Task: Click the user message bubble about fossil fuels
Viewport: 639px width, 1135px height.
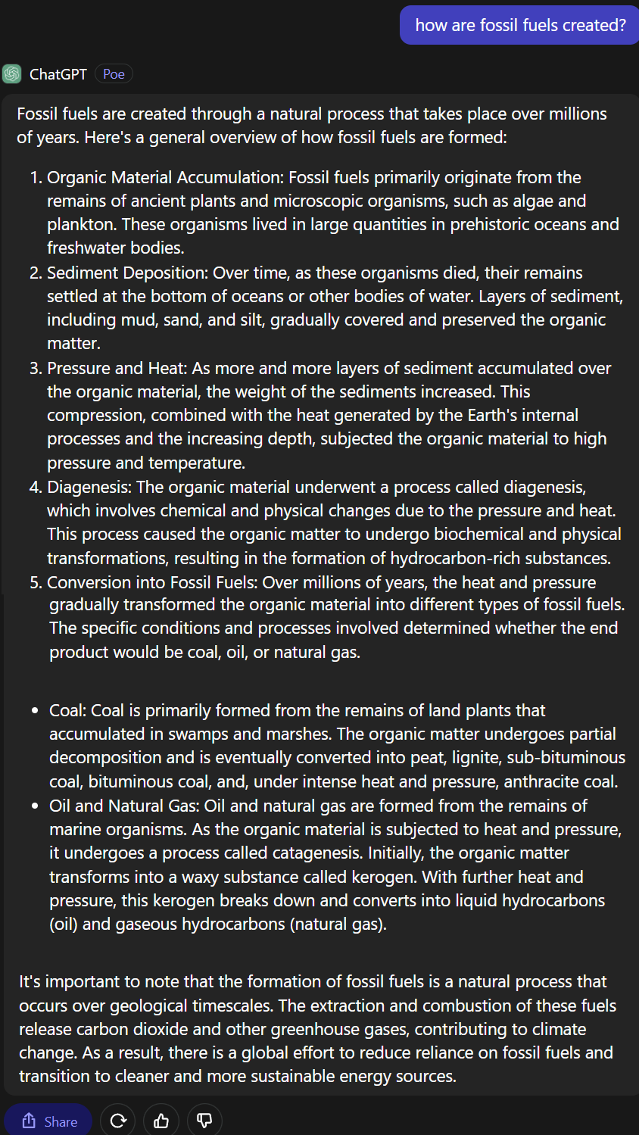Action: pyautogui.click(x=520, y=25)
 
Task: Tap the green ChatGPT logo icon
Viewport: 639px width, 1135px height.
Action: pyautogui.click(x=12, y=73)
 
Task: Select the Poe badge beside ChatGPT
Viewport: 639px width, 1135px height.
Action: pyautogui.click(x=114, y=73)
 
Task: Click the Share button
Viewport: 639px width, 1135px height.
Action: pyautogui.click(x=48, y=1121)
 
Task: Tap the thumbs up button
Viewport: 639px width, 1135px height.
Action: pyautogui.click(x=161, y=1121)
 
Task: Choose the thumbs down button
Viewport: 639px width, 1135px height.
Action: pyautogui.click(x=204, y=1121)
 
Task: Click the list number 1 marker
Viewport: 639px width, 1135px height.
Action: pyautogui.click(x=35, y=178)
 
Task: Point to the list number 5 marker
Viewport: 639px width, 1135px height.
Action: pyautogui.click(x=35, y=583)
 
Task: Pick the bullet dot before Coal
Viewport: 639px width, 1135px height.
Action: pyautogui.click(x=35, y=711)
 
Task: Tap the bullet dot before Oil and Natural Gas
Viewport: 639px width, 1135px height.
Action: pyautogui.click(x=35, y=806)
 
